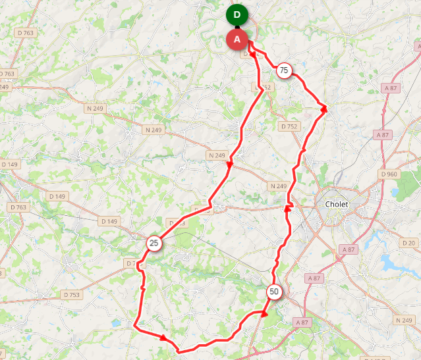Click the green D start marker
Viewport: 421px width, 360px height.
(237, 14)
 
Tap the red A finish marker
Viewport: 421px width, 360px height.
(237, 39)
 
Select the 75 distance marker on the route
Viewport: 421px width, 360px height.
(284, 70)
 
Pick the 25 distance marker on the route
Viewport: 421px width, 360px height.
(154, 244)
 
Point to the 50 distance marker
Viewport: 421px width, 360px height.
(274, 292)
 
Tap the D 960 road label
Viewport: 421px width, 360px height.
(390, 174)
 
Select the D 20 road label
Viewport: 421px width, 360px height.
(408, 243)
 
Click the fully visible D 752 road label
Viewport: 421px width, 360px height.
(289, 126)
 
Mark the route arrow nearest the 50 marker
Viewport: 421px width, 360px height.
(264, 314)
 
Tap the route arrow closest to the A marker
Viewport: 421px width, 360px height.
(253, 55)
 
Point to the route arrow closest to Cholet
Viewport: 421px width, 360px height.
(288, 208)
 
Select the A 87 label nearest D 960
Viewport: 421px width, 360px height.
(383, 134)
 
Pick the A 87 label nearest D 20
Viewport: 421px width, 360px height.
(347, 249)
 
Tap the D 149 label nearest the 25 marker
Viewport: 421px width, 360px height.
(107, 221)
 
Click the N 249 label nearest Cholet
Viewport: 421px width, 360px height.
(279, 186)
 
